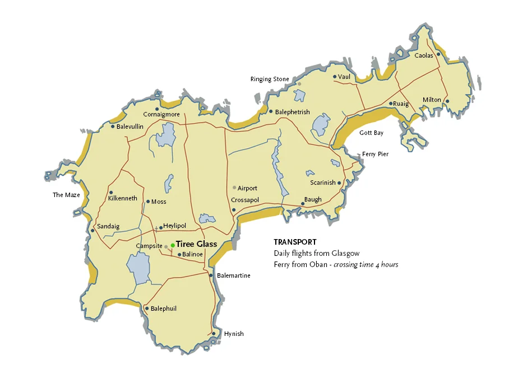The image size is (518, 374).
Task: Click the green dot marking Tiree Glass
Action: pyautogui.click(x=173, y=245)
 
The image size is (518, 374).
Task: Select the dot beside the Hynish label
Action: pyautogui.click(x=214, y=334)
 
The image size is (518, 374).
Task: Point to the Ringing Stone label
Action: pyautogui.click(x=270, y=80)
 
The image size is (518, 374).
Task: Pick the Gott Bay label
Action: pyautogui.click(x=371, y=133)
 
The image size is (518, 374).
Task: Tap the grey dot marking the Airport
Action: pyautogui.click(x=234, y=188)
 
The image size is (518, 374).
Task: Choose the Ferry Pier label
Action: pyautogui.click(x=375, y=154)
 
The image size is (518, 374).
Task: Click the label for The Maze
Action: pyautogui.click(x=66, y=195)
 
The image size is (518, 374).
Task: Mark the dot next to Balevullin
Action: pyautogui.click(x=113, y=127)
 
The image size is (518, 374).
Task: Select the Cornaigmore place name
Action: pyautogui.click(x=161, y=115)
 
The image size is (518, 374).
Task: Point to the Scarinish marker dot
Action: pyautogui.click(x=339, y=183)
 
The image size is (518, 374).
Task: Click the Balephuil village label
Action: pyautogui.click(x=164, y=308)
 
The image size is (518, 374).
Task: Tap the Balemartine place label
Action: pyautogui.click(x=233, y=275)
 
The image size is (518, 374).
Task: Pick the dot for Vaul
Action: pyautogui.click(x=334, y=77)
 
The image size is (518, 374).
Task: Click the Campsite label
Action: pyautogui.click(x=149, y=246)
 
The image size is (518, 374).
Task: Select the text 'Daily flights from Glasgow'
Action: pyautogui.click(x=317, y=254)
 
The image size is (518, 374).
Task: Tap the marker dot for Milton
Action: pyautogui.click(x=447, y=101)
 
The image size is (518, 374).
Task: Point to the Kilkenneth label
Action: pyautogui.click(x=122, y=198)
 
